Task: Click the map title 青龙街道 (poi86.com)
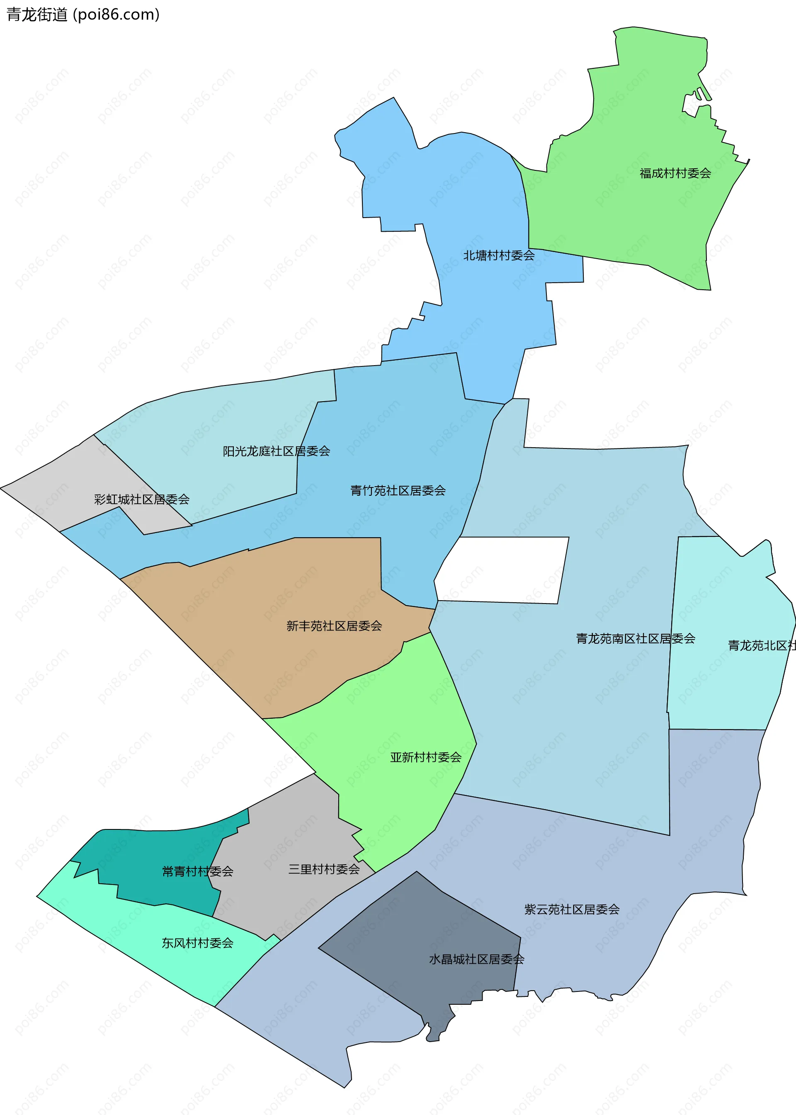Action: [x=83, y=15]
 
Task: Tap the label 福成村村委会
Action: [x=675, y=173]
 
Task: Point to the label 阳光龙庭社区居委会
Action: [x=277, y=451]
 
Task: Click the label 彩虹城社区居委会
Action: [x=142, y=499]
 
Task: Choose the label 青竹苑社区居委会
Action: [x=398, y=491]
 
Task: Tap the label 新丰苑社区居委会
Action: [x=334, y=626]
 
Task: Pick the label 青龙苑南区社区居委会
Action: [x=635, y=639]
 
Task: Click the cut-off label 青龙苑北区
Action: [x=761, y=645]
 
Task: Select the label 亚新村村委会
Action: [x=425, y=757]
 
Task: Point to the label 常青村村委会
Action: [x=197, y=871]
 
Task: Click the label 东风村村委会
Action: [x=197, y=943]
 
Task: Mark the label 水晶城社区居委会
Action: [x=476, y=959]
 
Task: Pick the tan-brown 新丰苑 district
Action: [x=294, y=588]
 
